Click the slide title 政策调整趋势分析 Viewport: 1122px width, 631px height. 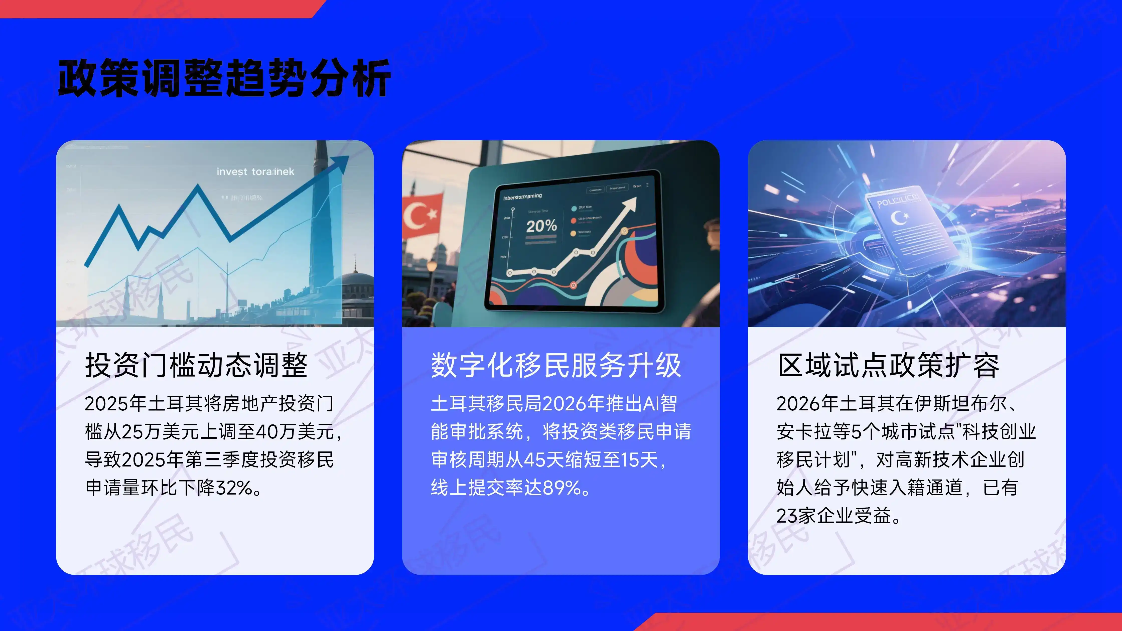pyautogui.click(x=224, y=78)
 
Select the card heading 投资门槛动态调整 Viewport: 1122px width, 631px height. pyautogui.click(x=196, y=365)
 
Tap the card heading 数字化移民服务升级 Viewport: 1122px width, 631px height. pyautogui.click(x=556, y=365)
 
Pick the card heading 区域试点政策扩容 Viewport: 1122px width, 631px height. pyautogui.click(x=889, y=365)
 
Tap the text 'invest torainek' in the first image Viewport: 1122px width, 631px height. pyautogui.click(x=255, y=172)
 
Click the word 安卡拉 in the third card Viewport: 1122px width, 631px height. pyautogui.click(x=804, y=431)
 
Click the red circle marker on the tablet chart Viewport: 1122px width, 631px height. pyautogui.click(x=573, y=285)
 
